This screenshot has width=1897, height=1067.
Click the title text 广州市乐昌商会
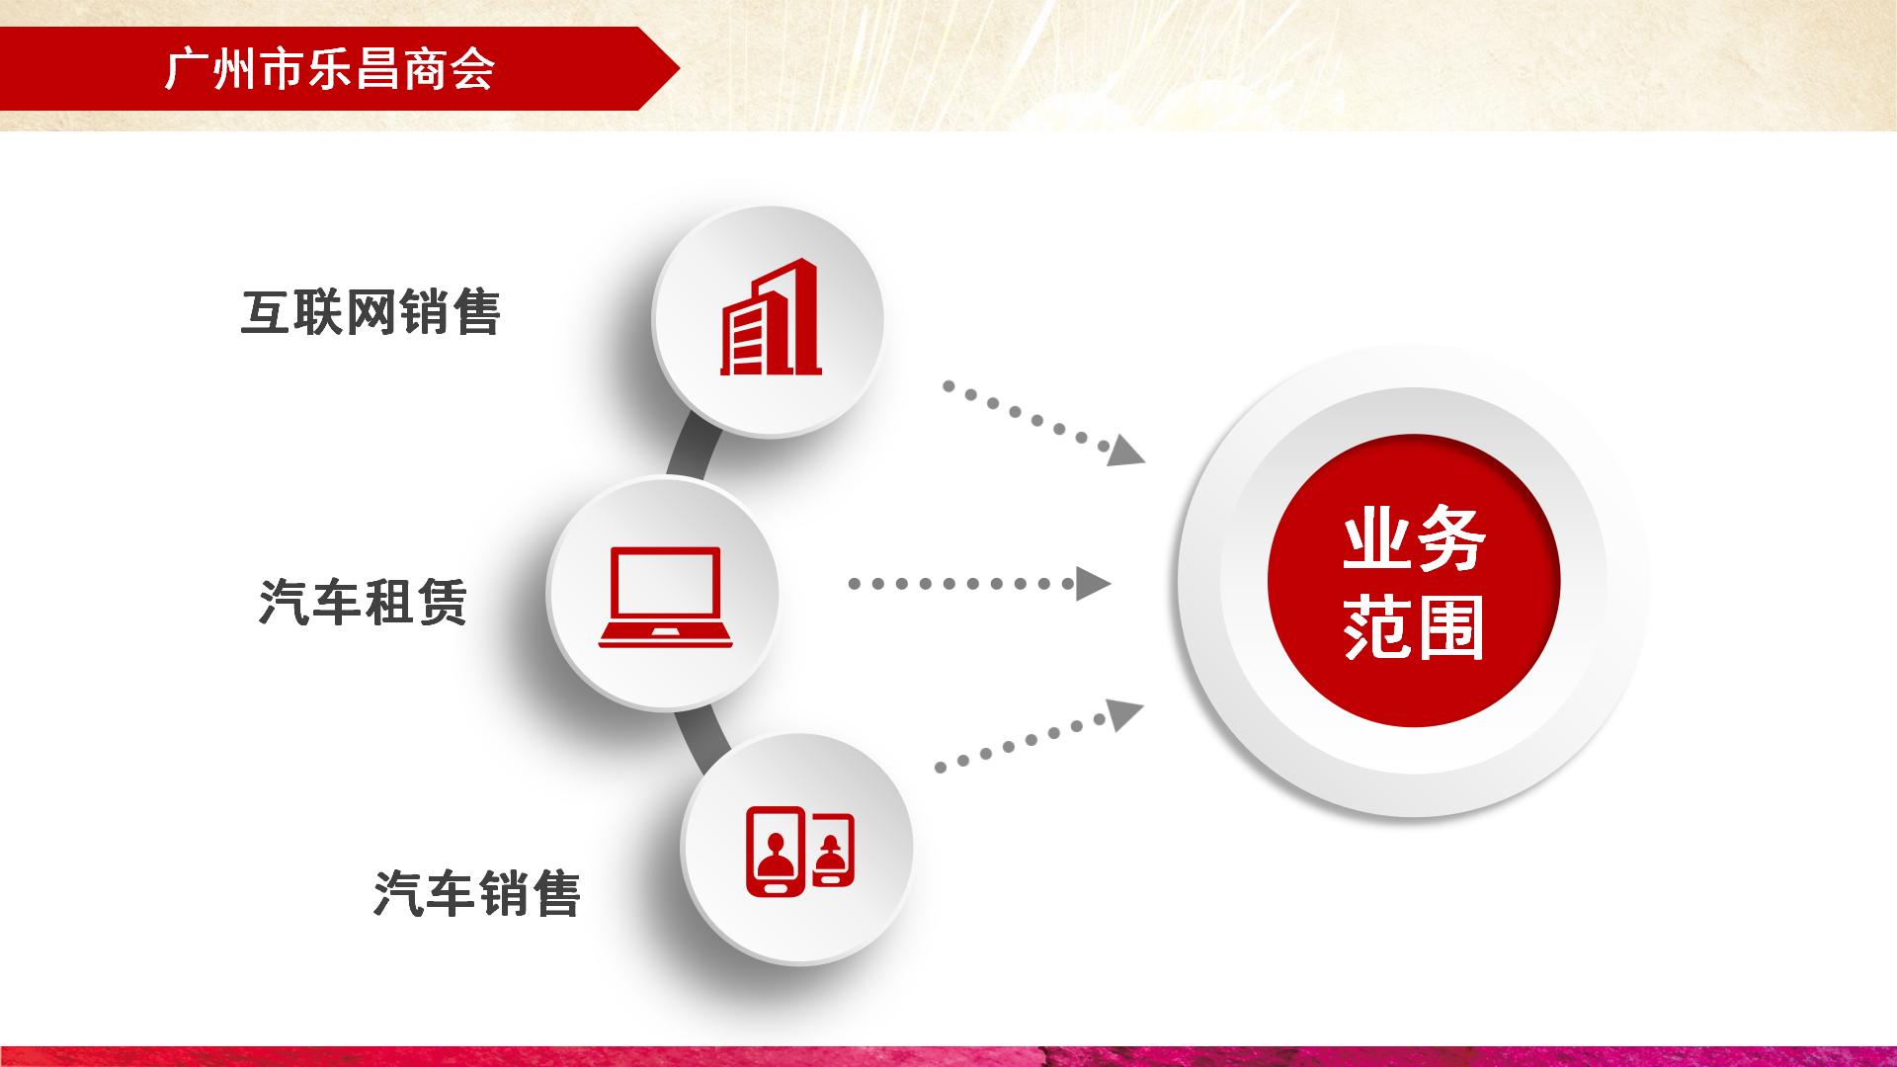point(330,69)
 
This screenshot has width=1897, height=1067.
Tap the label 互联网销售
point(371,312)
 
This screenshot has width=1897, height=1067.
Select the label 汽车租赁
point(363,602)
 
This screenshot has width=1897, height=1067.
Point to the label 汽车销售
point(477,893)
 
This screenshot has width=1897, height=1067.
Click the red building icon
point(771,317)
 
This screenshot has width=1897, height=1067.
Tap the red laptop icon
point(665,598)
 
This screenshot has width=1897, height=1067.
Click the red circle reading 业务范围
point(1413,583)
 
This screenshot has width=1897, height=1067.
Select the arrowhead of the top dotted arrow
point(1125,451)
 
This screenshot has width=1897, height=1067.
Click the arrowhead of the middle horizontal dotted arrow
point(1093,584)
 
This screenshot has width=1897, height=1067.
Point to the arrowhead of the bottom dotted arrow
point(1124,713)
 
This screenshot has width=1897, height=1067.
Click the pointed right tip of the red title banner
point(680,69)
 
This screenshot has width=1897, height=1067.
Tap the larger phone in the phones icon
point(777,852)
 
